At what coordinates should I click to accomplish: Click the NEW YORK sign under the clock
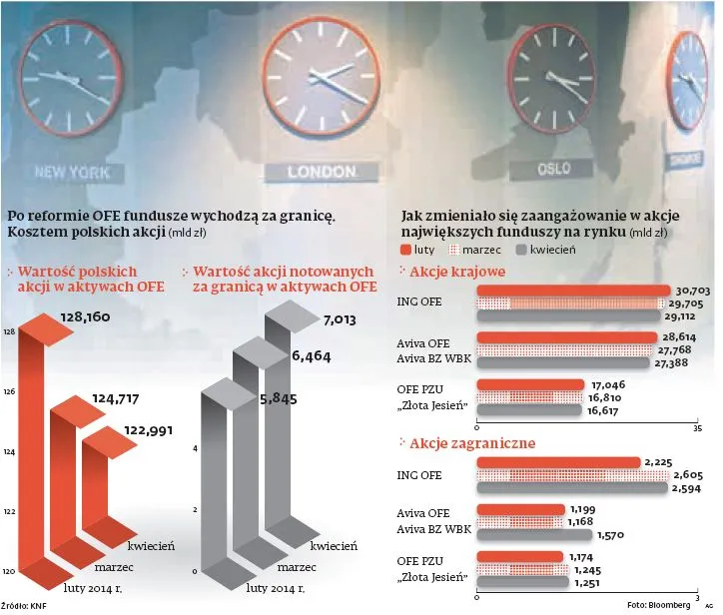[71, 171]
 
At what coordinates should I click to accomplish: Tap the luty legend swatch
[404, 250]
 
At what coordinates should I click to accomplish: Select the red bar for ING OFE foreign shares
[558, 461]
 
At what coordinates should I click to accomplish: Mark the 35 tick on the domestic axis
[697, 427]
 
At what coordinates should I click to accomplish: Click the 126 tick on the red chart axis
[9, 392]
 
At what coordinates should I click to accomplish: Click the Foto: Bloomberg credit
[658, 605]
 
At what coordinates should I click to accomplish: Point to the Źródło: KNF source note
[24, 605]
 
